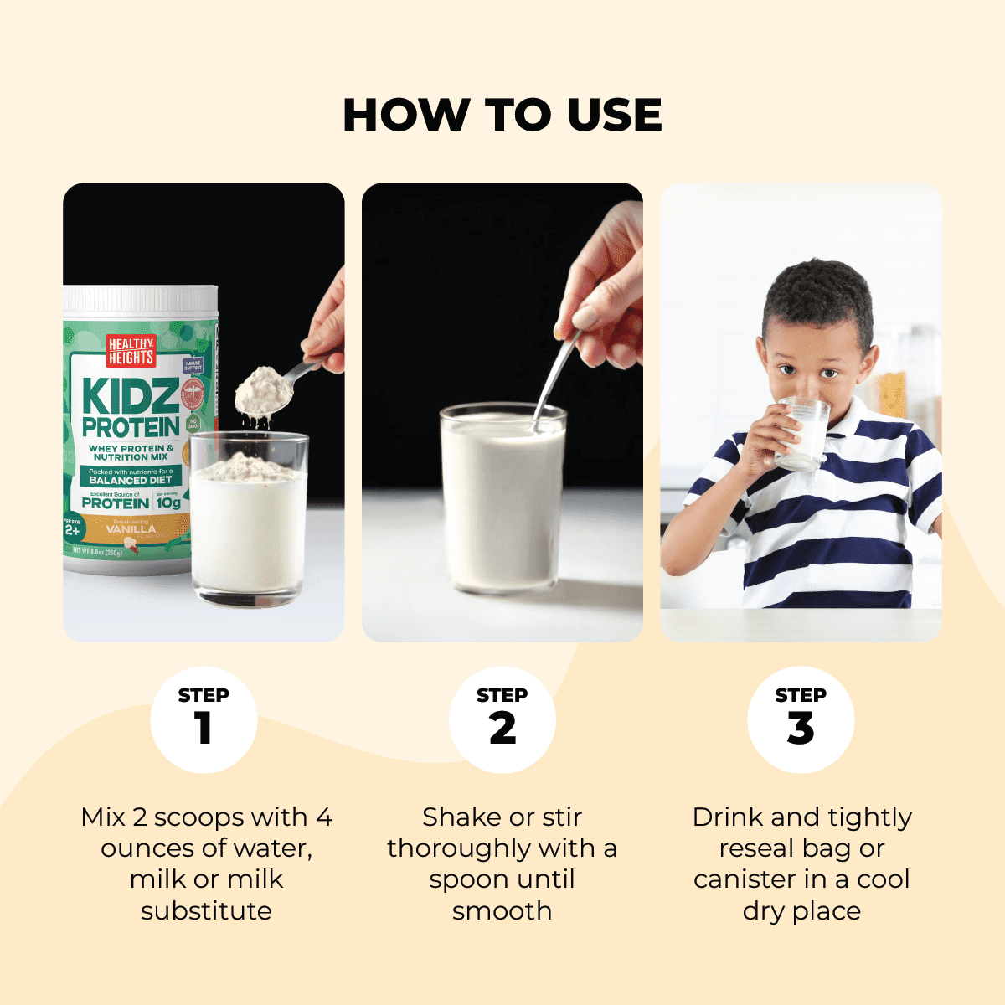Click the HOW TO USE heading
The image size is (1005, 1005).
pos(502,115)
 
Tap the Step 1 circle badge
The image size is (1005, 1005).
pos(204,719)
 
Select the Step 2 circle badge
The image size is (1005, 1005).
pos(502,719)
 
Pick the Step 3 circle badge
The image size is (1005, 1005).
pos(801,719)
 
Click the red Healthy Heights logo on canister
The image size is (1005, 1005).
pos(131,351)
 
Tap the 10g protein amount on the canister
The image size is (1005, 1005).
pos(168,503)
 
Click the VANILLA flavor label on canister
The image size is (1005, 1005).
pos(131,529)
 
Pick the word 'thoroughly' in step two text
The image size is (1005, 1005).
pos(459,848)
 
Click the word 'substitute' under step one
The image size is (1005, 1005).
pos(206,910)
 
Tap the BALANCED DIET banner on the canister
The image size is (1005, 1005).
pos(131,480)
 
